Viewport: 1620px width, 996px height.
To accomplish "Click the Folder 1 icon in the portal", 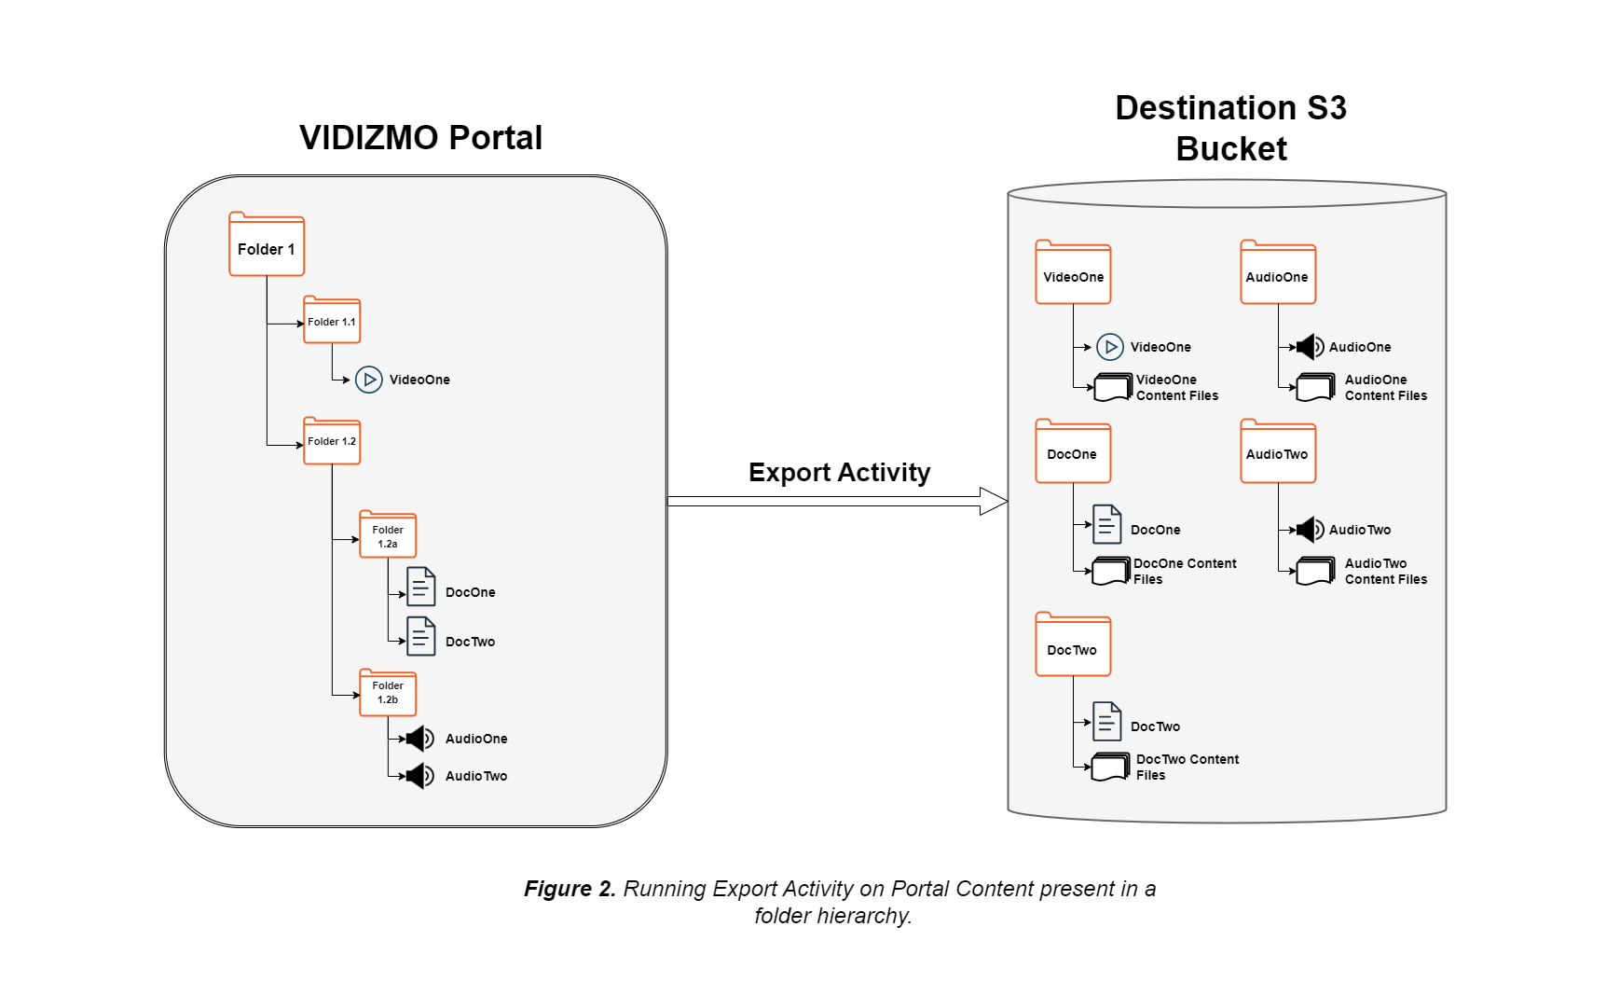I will click(267, 245).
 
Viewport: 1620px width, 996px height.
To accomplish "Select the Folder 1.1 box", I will click(332, 321).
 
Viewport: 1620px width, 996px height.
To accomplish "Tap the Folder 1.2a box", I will click(388, 535).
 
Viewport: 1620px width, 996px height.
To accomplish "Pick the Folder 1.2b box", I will click(388, 693).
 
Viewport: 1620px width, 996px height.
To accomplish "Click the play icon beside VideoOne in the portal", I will click(369, 380).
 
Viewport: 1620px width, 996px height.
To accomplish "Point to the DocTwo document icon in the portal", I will click(421, 637).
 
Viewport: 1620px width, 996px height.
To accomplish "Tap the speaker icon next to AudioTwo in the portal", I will click(420, 776).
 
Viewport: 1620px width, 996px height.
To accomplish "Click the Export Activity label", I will click(839, 473).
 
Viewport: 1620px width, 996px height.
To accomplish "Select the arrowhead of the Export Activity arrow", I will click(994, 502).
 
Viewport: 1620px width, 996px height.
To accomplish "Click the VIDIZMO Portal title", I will click(420, 138).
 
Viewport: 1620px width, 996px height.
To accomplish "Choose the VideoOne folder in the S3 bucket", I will click(1073, 273).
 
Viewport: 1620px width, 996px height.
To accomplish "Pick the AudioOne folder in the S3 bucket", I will click(1278, 273).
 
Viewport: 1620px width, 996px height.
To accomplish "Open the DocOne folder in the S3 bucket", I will click(1073, 452).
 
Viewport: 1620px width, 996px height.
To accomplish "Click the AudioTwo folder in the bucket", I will click(1278, 452).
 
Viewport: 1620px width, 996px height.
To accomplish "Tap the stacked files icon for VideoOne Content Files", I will click(1113, 387).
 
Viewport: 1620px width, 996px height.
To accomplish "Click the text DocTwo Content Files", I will click(1187, 768).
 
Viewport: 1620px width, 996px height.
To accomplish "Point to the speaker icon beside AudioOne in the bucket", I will click(1311, 347).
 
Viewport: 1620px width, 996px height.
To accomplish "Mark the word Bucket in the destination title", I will click(1230, 149).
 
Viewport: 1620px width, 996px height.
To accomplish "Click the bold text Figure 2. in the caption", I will click(570, 889).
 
